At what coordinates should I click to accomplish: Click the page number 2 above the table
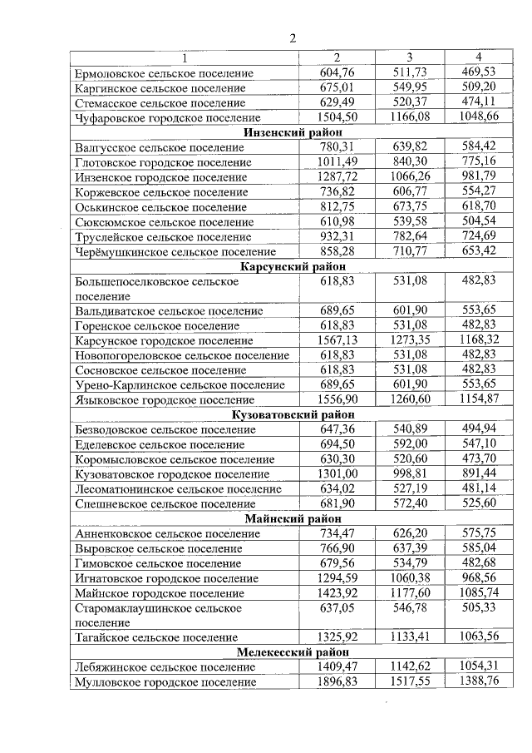(x=293, y=37)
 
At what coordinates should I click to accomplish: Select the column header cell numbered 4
(x=478, y=57)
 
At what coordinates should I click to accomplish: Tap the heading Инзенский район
(x=293, y=132)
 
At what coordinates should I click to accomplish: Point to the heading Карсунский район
(x=293, y=266)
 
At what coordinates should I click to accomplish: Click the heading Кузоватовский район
(x=293, y=414)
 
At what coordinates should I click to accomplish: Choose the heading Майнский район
(x=293, y=518)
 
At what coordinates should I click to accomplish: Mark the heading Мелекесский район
(x=293, y=651)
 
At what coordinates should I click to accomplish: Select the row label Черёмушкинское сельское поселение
(x=175, y=251)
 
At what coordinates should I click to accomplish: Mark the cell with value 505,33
(x=478, y=608)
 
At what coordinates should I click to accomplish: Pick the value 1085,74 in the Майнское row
(x=478, y=593)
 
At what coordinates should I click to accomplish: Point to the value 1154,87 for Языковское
(x=478, y=399)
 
